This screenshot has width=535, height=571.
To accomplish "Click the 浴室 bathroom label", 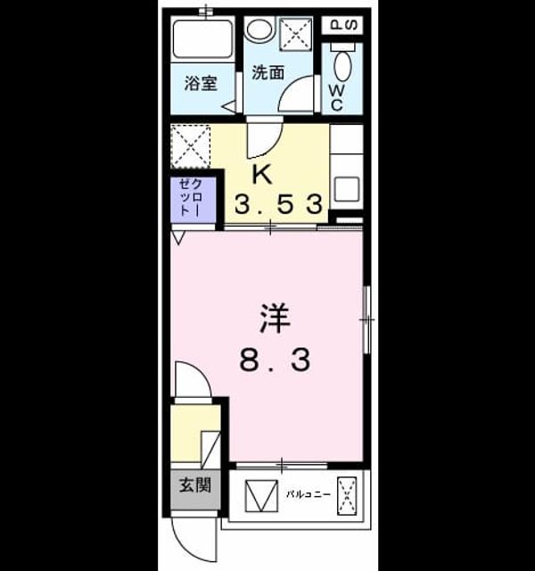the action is [201, 84].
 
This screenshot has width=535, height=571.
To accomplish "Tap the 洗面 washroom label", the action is [268, 73].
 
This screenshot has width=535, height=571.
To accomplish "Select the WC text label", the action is [336, 98].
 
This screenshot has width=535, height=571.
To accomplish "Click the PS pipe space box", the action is [342, 25].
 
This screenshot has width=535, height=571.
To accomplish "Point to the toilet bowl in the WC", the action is [342, 66].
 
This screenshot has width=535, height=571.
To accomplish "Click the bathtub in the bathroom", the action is [202, 38].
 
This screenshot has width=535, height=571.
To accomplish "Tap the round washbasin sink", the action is [259, 29].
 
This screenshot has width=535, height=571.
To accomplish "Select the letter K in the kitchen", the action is [262, 175].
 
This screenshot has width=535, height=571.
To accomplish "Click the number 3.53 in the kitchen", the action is [278, 204].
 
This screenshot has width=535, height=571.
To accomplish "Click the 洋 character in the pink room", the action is [275, 319].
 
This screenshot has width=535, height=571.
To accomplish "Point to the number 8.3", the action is [276, 360].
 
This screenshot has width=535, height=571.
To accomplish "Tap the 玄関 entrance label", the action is [195, 485].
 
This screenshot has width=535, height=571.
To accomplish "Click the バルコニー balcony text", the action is [309, 494].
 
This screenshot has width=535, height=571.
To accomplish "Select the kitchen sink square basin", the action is [347, 189].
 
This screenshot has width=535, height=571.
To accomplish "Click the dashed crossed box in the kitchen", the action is [191, 146].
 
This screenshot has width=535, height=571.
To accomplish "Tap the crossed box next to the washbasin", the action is [296, 34].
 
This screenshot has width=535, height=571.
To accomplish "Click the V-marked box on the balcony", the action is [261, 496].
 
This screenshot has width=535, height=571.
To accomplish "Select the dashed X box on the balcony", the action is [347, 496].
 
